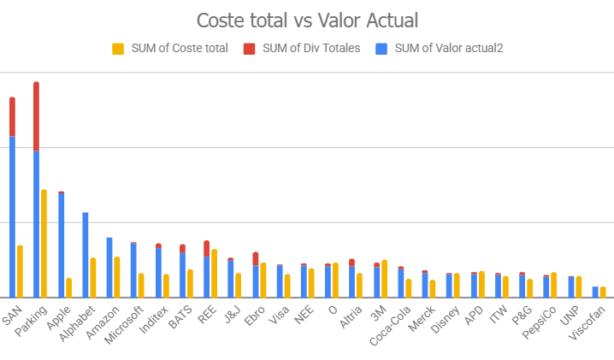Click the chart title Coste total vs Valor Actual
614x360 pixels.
tap(307, 20)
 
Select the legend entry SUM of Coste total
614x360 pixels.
tap(170, 48)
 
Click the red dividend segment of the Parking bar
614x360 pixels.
tap(36, 116)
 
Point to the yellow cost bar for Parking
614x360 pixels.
tap(44, 244)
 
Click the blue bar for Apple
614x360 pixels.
tap(61, 245)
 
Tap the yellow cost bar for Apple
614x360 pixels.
tap(68, 287)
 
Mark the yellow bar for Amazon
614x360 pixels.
tap(117, 276)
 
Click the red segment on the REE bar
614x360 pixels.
tap(206, 248)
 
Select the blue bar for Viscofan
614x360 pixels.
tap(595, 292)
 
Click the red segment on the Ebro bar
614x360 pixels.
tap(255, 258)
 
